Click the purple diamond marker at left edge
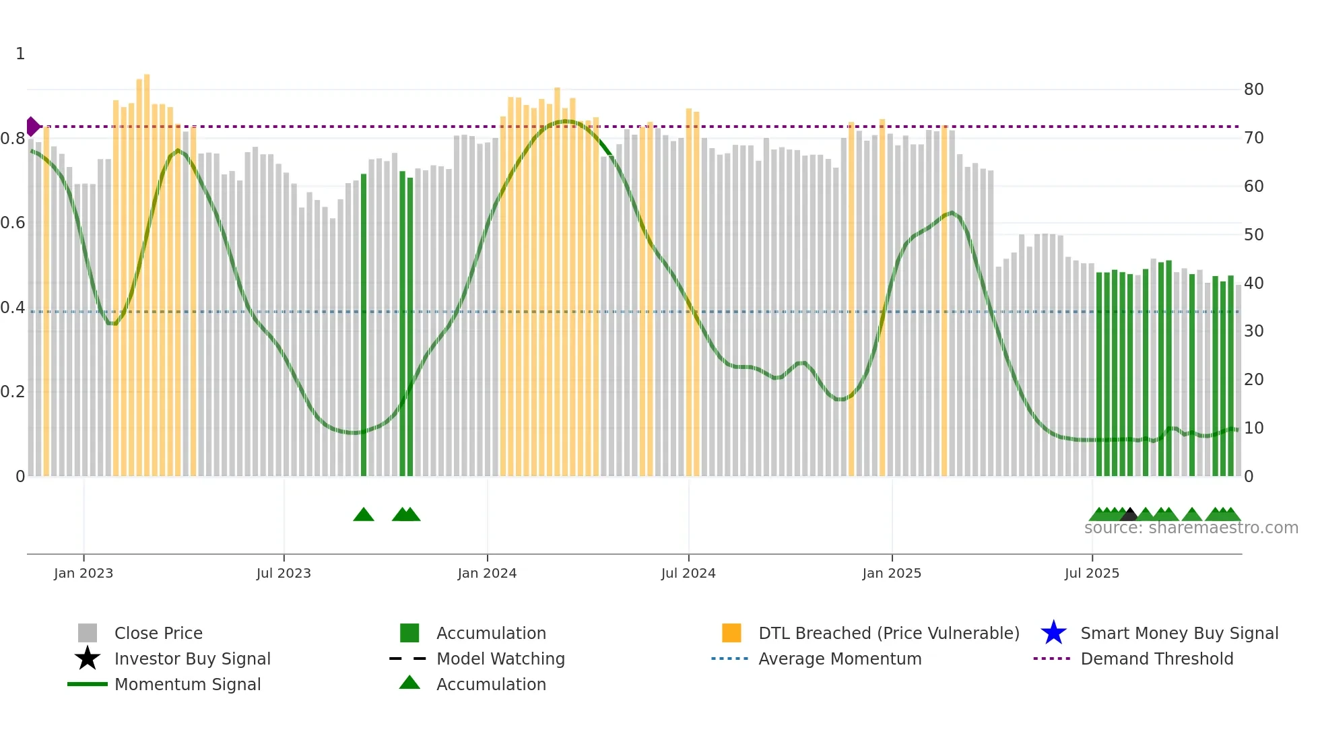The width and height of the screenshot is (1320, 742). click(32, 126)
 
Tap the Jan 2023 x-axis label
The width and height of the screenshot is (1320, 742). click(84, 573)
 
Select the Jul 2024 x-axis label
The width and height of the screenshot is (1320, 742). click(688, 573)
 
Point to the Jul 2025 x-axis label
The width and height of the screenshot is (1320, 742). click(1092, 573)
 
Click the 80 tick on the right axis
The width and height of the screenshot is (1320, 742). click(1253, 90)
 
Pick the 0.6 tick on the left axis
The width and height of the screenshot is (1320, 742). click(13, 223)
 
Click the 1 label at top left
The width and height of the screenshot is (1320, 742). click(20, 54)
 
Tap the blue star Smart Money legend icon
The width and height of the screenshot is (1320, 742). click(1053, 633)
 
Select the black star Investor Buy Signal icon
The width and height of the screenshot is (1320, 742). click(88, 659)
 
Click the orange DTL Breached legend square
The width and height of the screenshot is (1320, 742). click(731, 633)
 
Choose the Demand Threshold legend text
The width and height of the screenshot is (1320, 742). click(1156, 659)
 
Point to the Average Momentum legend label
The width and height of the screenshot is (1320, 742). click(840, 659)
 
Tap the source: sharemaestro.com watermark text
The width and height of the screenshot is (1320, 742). click(1191, 528)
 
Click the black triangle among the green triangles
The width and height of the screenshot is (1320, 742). click(1129, 514)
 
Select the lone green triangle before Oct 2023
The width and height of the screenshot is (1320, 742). click(364, 514)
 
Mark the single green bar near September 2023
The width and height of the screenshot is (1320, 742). click(364, 323)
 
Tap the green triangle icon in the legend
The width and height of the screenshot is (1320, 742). click(409, 683)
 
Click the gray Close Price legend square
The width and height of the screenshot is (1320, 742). click(88, 633)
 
